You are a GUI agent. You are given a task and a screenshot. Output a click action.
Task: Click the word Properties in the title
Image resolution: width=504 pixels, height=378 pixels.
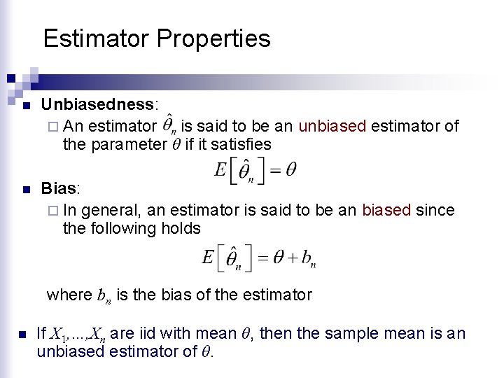tap(213, 38)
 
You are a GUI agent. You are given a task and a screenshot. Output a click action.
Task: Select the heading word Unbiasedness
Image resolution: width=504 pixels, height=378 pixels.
tap(97, 105)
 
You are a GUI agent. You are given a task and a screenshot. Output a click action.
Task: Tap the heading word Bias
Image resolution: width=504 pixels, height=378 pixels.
tap(59, 189)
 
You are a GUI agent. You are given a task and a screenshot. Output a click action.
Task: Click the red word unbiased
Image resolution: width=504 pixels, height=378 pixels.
tap(332, 126)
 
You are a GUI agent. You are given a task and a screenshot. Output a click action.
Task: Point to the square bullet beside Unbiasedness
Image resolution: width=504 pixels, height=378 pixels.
tap(26, 106)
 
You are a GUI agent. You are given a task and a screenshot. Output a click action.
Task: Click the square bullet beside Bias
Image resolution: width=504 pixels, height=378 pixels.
tap(26, 190)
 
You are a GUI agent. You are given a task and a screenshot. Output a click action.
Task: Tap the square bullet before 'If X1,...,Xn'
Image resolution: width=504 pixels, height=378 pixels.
tap(22, 334)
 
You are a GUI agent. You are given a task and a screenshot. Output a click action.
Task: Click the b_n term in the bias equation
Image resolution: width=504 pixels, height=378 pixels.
tap(308, 260)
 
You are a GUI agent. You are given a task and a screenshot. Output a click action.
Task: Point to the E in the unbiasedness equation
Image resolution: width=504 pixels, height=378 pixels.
tap(220, 170)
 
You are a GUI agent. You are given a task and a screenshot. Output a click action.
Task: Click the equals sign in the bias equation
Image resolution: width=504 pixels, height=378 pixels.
tap(262, 258)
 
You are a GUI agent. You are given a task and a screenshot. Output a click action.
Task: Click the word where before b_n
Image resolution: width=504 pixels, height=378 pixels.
tap(69, 295)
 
